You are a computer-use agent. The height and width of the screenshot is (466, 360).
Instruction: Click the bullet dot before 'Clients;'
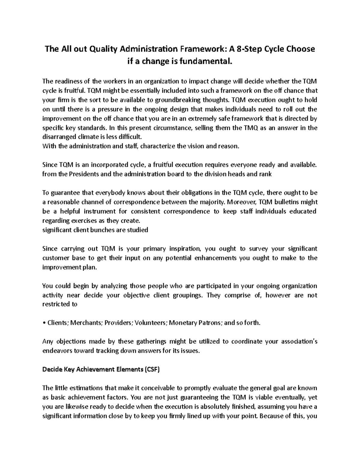pos(44,323)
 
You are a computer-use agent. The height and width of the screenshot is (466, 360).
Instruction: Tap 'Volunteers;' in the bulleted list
pos(151,323)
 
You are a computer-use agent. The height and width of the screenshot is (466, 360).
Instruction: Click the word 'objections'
pos(68,341)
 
